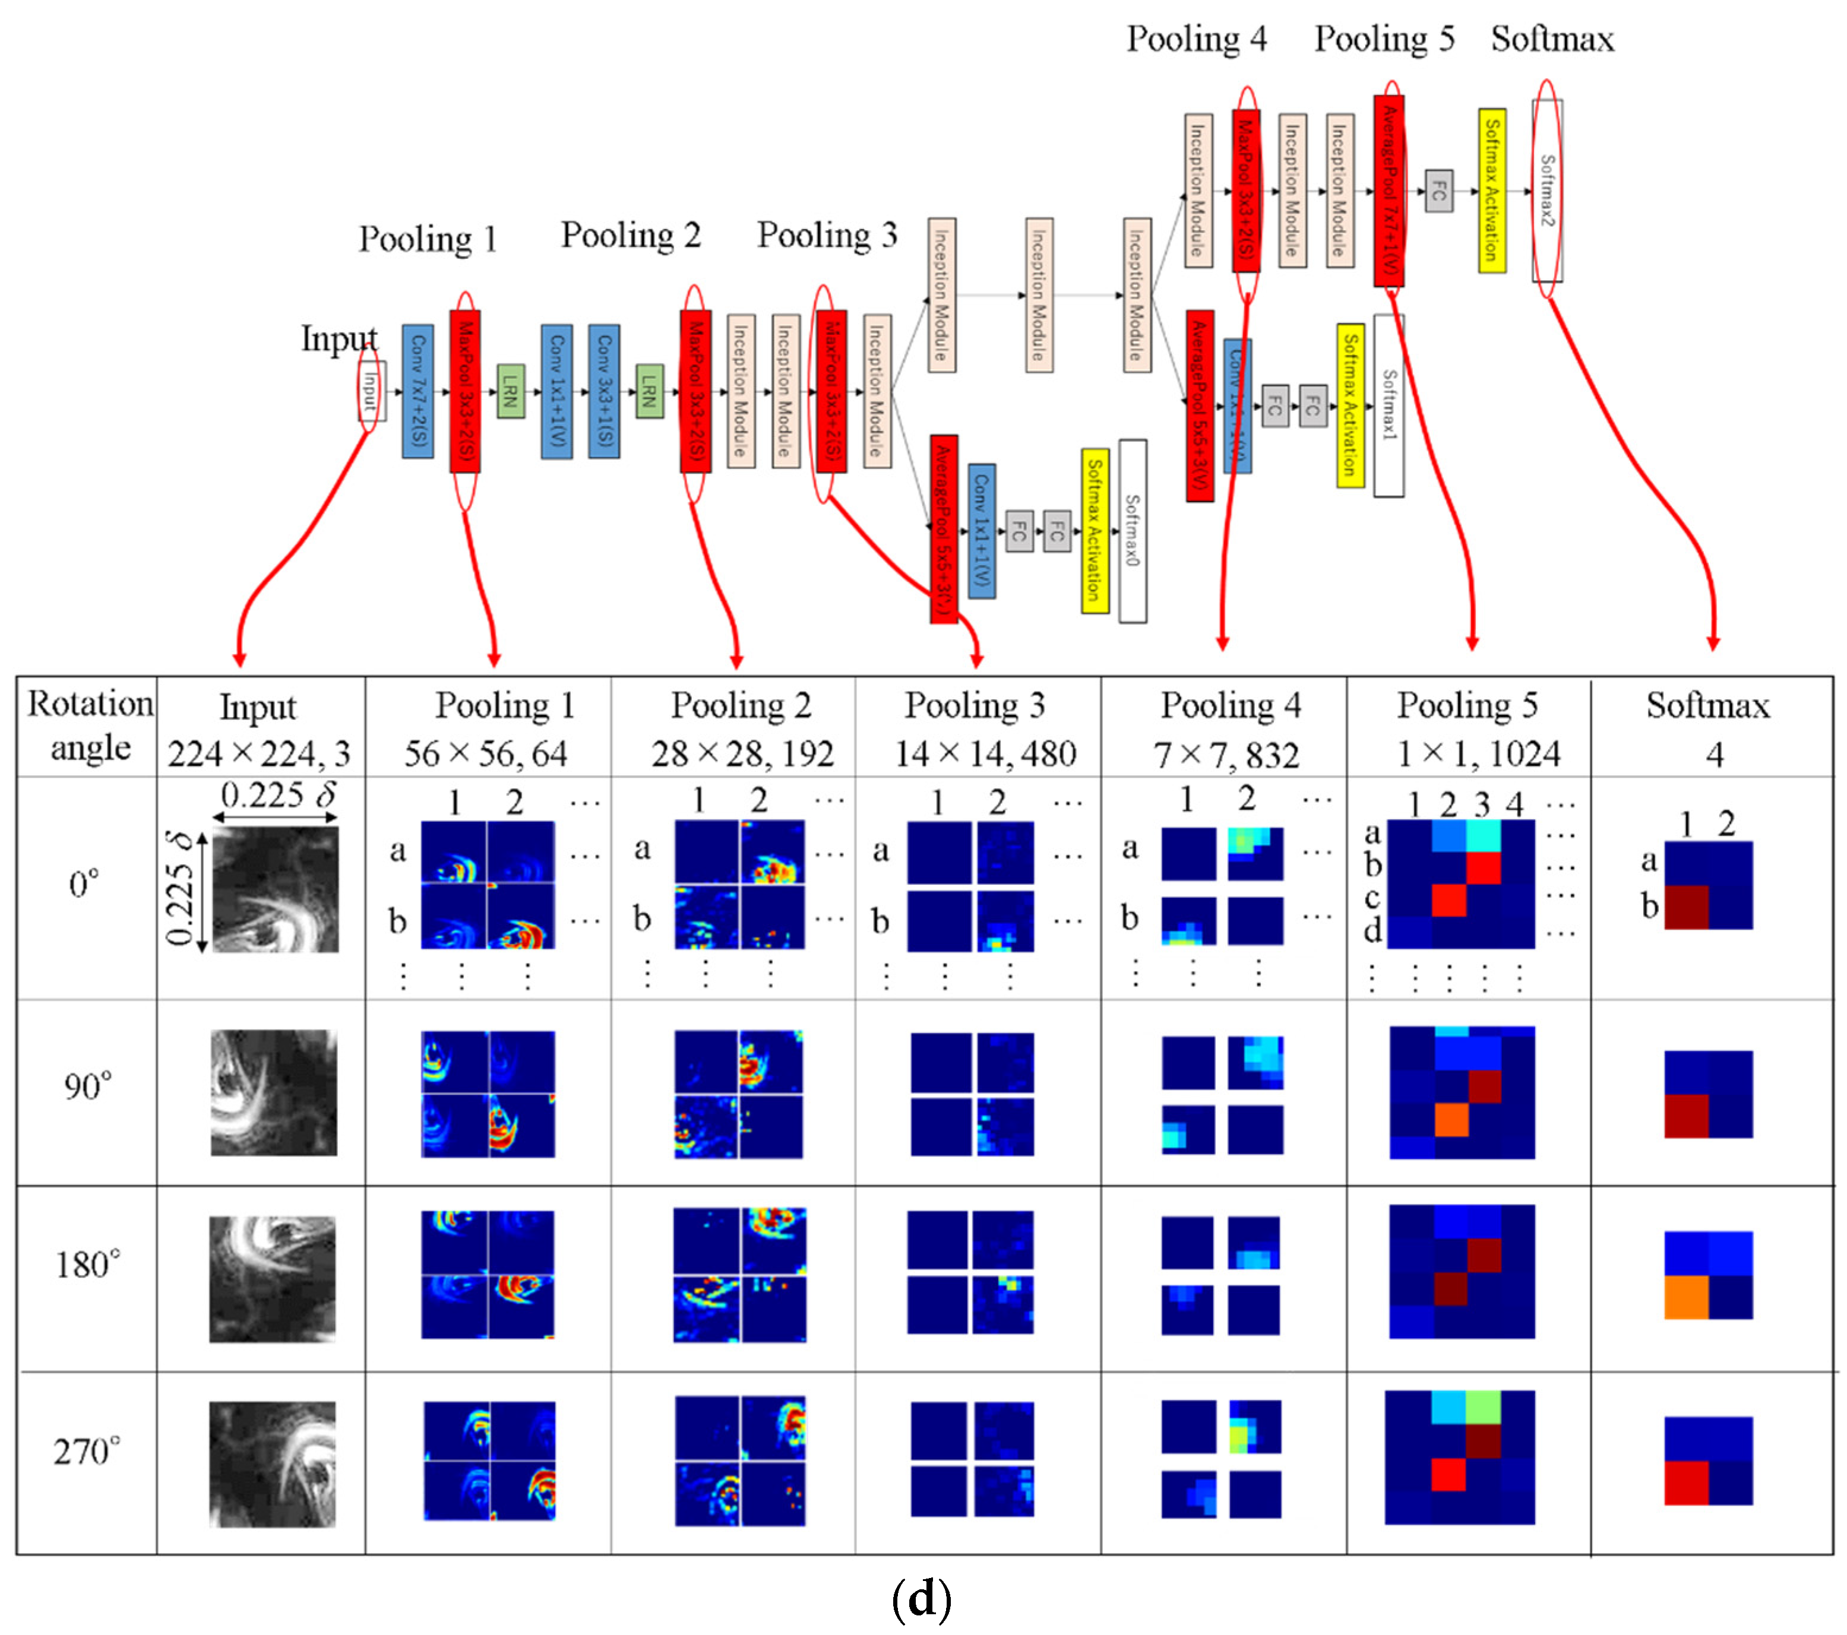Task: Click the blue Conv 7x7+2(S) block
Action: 418,391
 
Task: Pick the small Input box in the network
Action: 371,391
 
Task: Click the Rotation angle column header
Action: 90,725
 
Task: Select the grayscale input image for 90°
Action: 274,1093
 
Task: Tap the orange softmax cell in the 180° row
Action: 1686,1296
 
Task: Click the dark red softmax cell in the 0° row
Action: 1686,907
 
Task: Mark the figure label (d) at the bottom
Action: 922,1599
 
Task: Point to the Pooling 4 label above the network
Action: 1197,39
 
